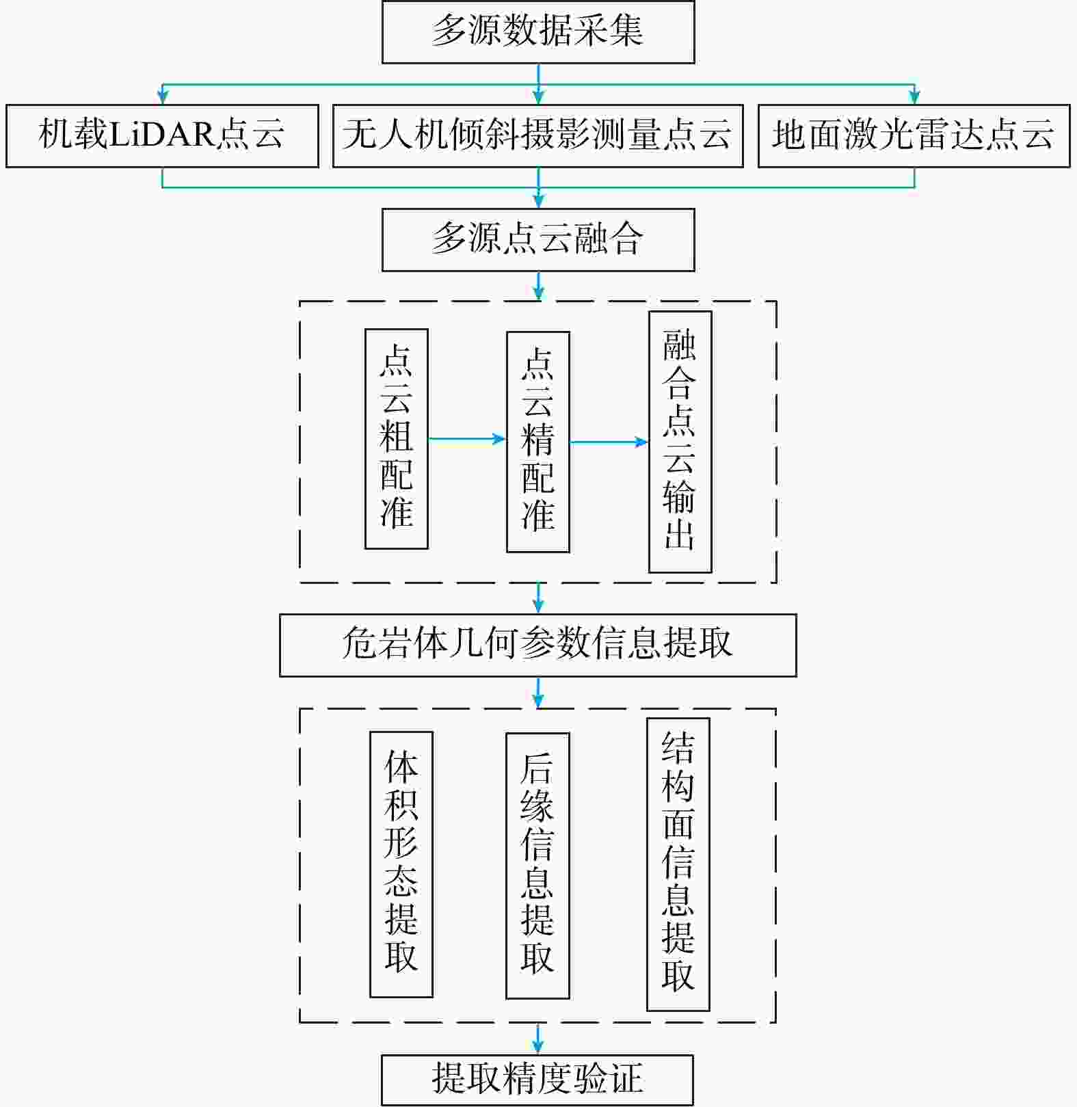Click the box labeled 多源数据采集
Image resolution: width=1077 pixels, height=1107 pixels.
pyautogui.click(x=538, y=32)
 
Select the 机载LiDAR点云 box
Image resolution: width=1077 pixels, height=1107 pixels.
pyautogui.click(x=162, y=135)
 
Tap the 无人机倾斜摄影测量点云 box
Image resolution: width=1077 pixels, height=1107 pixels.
pyautogui.click(x=537, y=135)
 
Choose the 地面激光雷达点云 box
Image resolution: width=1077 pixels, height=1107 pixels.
pyautogui.click(x=914, y=135)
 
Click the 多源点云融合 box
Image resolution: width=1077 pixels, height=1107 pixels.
pyautogui.click(x=538, y=240)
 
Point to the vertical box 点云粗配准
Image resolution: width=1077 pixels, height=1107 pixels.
pyautogui.click(x=397, y=439)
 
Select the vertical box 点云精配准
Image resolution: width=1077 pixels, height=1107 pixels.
pyautogui.click(x=538, y=442)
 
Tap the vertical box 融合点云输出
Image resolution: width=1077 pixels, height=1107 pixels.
pyautogui.click(x=680, y=442)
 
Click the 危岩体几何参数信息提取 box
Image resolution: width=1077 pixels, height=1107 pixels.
pyautogui.click(x=538, y=645)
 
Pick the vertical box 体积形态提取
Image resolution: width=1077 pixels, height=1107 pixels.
pyautogui.click(x=401, y=864)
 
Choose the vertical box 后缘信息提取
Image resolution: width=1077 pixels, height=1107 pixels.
pyautogui.click(x=537, y=866)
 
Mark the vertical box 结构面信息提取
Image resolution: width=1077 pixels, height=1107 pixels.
pyautogui.click(x=678, y=864)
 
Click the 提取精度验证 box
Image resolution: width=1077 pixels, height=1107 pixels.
pyautogui.click(x=537, y=1080)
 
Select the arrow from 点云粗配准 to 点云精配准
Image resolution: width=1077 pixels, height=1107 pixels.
pyautogui.click(x=467, y=439)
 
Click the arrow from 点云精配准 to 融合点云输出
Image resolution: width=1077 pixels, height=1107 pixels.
pyautogui.click(x=609, y=442)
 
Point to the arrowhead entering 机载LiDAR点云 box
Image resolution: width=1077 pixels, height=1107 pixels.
pyautogui.click(x=162, y=98)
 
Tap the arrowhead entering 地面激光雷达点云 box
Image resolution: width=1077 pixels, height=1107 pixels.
pyautogui.click(x=914, y=98)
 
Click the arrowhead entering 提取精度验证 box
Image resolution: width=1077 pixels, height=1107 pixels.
pyautogui.click(x=538, y=1048)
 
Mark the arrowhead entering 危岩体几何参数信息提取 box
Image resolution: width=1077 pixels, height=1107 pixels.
pyautogui.click(x=538, y=606)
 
